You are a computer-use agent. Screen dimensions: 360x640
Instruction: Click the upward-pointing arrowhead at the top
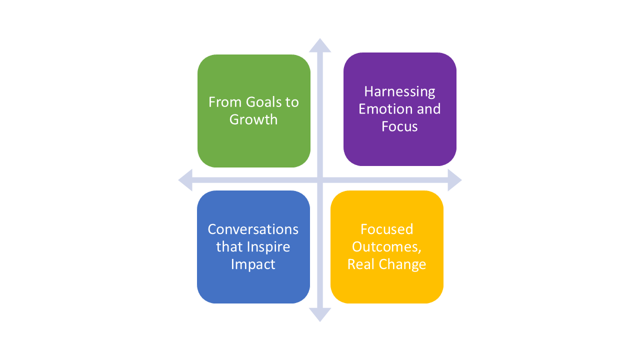pyautogui.click(x=320, y=45)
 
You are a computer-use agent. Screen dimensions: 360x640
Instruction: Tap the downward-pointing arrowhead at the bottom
pyautogui.click(x=320, y=314)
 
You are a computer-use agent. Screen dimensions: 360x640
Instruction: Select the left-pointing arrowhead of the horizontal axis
pyautogui.click(x=185, y=180)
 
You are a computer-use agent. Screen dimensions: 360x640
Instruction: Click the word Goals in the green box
pyautogui.click(x=263, y=102)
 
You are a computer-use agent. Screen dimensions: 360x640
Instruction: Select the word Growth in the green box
pyautogui.click(x=253, y=119)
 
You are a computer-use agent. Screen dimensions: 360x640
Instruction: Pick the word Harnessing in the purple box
pyautogui.click(x=399, y=91)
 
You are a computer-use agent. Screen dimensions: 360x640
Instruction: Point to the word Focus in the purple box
pyautogui.click(x=399, y=126)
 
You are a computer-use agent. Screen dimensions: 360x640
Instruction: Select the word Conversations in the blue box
pyautogui.click(x=253, y=229)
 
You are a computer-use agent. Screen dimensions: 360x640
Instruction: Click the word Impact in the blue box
pyautogui.click(x=253, y=264)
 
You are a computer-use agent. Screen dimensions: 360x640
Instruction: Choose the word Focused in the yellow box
pyautogui.click(x=387, y=229)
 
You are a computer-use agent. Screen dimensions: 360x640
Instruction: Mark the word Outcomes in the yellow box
pyautogui.click(x=386, y=246)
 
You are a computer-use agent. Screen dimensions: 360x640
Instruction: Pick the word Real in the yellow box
pyautogui.click(x=359, y=264)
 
